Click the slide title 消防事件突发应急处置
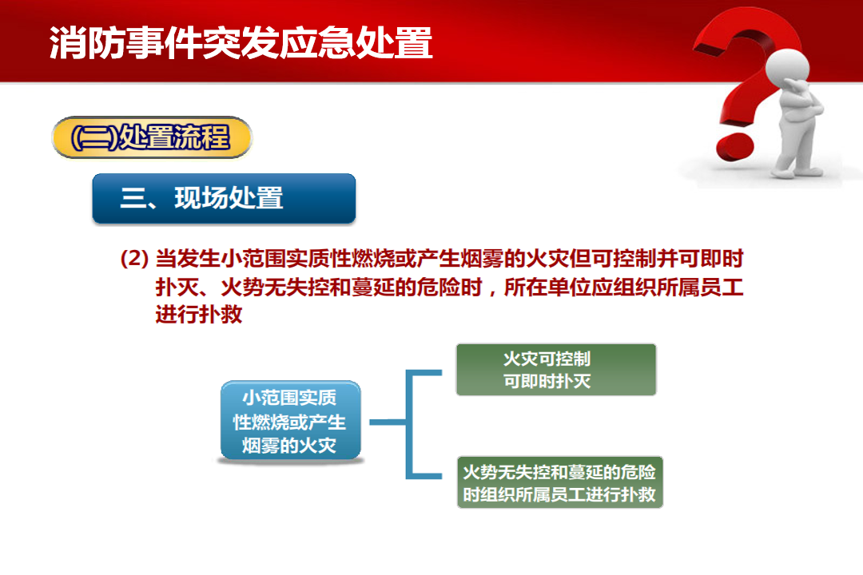coord(241,42)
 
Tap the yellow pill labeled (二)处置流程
coord(151,137)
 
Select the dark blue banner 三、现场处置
coord(224,198)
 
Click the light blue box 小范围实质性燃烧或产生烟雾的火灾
coord(290,421)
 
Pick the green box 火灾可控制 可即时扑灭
coord(556,370)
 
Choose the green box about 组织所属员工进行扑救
coord(559,482)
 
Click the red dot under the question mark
coord(735,145)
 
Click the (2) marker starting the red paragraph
coord(134,258)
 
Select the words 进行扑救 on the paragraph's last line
coord(199,315)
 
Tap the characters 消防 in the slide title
coord(87,42)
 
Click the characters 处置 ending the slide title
coord(395,42)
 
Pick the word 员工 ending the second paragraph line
coord(722,287)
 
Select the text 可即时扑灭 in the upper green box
coord(547,381)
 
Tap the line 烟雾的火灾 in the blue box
coord(289,445)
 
